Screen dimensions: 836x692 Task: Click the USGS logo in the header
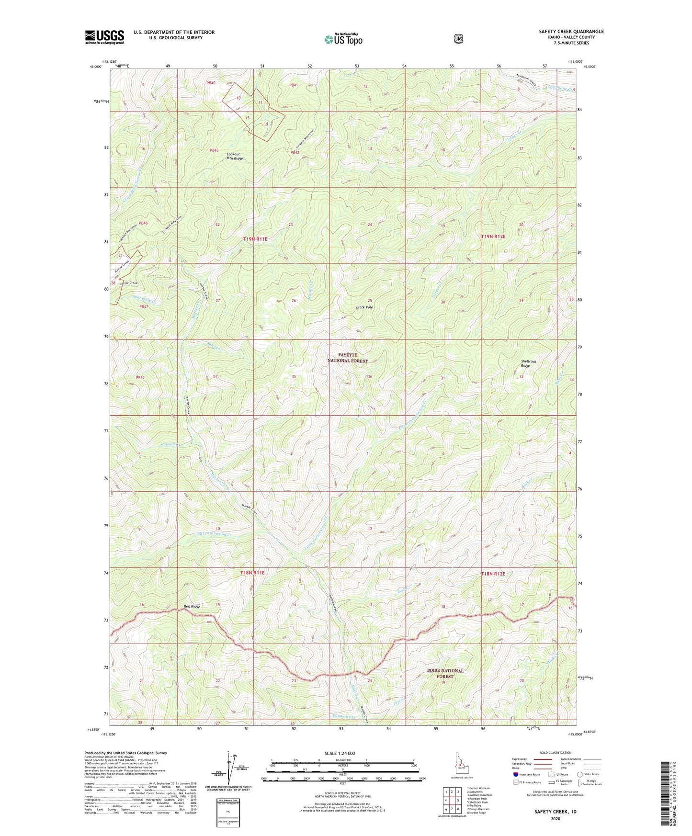(104, 37)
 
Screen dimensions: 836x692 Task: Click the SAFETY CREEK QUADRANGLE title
(571, 32)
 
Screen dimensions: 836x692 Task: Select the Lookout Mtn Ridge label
(235, 156)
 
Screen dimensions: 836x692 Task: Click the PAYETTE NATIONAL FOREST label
(348, 358)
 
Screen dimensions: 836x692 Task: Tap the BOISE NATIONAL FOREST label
(445, 673)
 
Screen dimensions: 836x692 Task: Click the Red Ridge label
(192, 607)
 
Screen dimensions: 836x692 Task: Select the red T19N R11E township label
(255, 238)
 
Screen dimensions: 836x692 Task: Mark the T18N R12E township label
(493, 574)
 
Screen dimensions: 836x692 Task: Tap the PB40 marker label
(211, 83)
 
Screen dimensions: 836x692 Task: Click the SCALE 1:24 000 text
(340, 753)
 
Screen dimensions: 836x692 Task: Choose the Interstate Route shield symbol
(515, 774)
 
